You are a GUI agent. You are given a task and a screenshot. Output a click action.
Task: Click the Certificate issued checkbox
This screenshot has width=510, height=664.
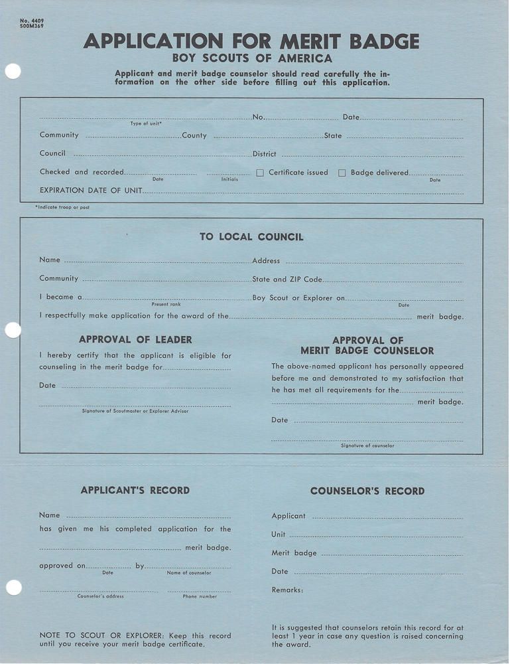260,173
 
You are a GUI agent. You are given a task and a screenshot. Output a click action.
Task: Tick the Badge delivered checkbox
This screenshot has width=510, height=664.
342,173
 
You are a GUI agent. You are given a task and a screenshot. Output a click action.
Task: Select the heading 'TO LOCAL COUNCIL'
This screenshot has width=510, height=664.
251,237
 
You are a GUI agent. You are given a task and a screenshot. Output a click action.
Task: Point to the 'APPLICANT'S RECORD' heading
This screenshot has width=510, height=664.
135,491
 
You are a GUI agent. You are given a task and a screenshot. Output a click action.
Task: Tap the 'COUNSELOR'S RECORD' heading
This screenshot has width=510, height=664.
367,491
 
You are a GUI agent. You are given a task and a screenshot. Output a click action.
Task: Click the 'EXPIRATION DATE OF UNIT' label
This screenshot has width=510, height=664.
91,191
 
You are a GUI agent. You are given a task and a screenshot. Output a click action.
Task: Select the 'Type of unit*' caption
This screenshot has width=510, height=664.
146,124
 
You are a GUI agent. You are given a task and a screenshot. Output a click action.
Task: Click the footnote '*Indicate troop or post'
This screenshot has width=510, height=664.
63,208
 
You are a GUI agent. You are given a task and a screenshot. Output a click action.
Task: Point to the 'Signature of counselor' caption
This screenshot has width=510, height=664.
367,446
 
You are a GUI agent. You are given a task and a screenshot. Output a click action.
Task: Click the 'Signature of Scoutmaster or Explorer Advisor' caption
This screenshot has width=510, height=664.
135,411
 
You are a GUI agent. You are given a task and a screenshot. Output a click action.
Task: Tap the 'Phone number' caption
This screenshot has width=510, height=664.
200,596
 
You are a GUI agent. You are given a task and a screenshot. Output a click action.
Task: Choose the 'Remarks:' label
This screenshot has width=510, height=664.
287,590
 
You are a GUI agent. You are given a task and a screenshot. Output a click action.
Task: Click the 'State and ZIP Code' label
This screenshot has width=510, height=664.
287,280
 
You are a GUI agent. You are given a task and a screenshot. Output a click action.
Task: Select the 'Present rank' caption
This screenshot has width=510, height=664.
166,304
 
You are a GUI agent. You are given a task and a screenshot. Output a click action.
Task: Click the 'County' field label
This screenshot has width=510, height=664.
194,135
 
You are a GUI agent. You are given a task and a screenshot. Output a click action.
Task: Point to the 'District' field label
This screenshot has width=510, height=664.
265,154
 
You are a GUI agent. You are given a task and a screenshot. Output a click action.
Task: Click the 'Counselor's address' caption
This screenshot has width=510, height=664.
100,596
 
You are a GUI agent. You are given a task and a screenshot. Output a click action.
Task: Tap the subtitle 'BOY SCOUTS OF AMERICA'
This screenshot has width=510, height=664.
251,58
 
